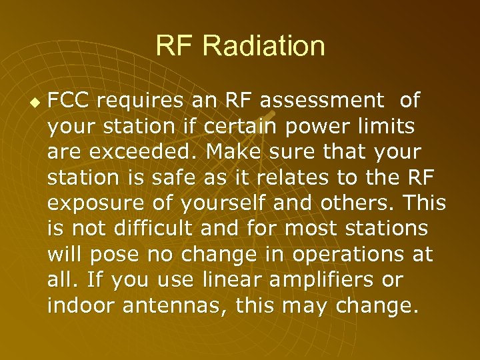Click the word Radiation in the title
click(x=264, y=47)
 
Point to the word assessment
click(x=322, y=101)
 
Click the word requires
click(x=141, y=101)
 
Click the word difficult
click(x=155, y=228)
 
